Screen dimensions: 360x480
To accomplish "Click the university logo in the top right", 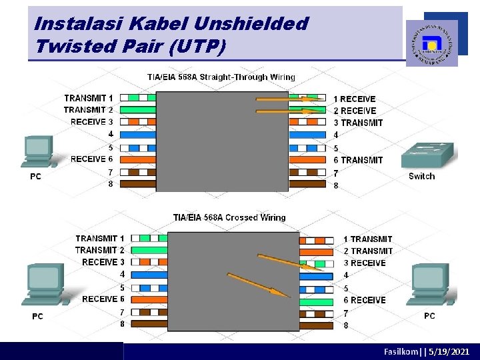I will [432, 43].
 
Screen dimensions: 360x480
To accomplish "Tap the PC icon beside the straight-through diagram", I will [37, 151].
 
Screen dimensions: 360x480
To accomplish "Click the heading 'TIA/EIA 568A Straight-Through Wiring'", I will [221, 77].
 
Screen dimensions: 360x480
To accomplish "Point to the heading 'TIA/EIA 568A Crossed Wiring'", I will [229, 217].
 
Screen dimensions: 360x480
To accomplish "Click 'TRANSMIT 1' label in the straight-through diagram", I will [89, 98].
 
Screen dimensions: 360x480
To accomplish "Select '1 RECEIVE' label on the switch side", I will [355, 99].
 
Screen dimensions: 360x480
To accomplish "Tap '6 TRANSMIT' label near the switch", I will [358, 160].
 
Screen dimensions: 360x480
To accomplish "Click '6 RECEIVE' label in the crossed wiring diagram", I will [364, 300].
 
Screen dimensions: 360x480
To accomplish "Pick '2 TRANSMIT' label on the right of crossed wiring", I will [368, 251].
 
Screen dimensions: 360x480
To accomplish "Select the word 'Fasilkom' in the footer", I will [403, 351].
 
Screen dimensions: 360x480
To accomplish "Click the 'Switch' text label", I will [421, 177].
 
